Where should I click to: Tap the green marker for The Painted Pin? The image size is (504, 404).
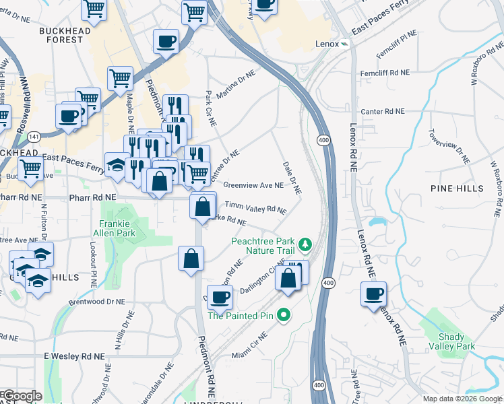[284, 314]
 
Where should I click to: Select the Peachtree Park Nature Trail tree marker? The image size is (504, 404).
[306, 242]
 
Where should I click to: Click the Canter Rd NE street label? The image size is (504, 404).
[383, 111]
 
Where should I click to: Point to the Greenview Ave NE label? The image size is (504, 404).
[253, 185]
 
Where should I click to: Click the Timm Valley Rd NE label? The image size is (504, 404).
[255, 208]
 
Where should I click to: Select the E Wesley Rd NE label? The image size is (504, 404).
[74, 356]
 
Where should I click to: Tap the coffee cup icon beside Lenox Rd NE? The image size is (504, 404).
[373, 294]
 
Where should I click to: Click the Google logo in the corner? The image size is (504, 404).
[22, 396]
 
